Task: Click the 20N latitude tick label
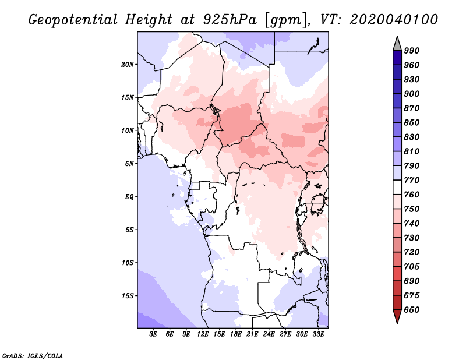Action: pos(127,65)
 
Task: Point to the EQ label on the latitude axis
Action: pos(129,197)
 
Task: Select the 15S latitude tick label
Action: pos(128,296)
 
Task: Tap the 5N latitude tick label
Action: pos(129,164)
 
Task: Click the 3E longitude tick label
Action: pos(153,334)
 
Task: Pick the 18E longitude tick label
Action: pos(236,334)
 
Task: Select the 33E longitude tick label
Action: pos(318,334)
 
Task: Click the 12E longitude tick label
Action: pos(203,334)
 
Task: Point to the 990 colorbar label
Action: pos(412,51)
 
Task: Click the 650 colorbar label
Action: pos(412,310)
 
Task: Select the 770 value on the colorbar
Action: pos(412,180)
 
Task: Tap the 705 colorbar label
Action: pos(412,267)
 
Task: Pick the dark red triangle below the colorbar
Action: pos(397,316)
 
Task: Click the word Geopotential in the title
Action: pos(73,20)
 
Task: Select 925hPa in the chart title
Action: pos(230,20)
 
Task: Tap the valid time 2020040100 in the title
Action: pos(394,20)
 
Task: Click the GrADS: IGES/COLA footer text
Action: pos(33,356)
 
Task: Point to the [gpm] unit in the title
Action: pos(286,20)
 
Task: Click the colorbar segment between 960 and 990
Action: pos(397,58)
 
